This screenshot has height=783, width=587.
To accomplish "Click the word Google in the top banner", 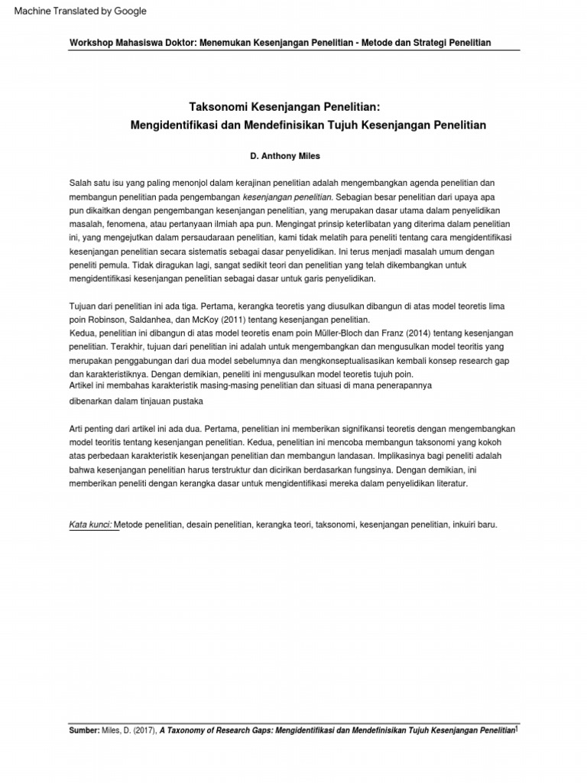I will [x=130, y=11].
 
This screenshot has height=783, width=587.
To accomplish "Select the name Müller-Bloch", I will [x=337, y=333].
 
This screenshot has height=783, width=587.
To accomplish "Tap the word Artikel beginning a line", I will [x=83, y=386].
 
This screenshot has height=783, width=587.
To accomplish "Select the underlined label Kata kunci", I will [x=90, y=525].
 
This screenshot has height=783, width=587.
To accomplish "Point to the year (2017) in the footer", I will [x=144, y=731].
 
